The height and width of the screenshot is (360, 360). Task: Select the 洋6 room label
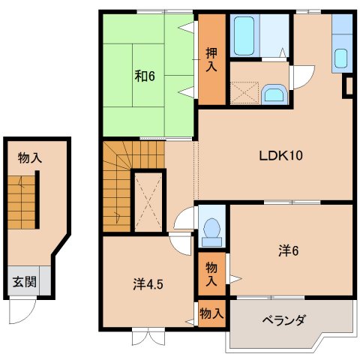[289, 251]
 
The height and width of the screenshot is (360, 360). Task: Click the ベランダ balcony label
[283, 321]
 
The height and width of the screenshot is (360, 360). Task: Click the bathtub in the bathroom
[245, 36]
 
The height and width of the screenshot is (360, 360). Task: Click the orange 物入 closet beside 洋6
[212, 272]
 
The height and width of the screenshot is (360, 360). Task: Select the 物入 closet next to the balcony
[212, 314]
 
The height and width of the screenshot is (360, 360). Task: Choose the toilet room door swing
[184, 219]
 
